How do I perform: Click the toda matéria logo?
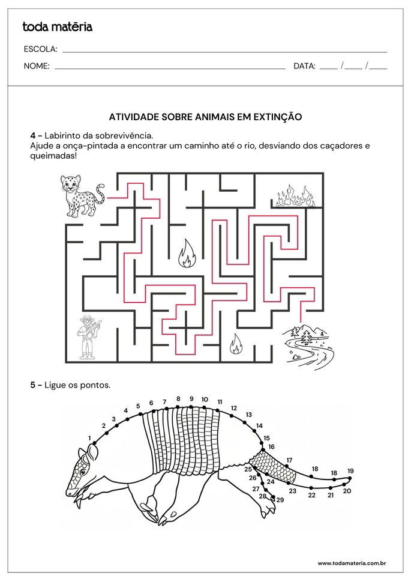(x=58, y=27)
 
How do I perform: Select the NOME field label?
(x=36, y=66)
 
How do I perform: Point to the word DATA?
(x=304, y=66)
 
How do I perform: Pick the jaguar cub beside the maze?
(x=82, y=196)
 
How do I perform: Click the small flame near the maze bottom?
(x=236, y=344)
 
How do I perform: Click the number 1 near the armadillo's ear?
(x=89, y=438)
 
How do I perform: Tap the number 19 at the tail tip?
(x=350, y=470)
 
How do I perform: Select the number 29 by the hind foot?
(x=280, y=500)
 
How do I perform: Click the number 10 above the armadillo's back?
(x=205, y=399)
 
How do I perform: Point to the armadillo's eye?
(x=82, y=472)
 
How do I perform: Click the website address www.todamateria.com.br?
(x=352, y=563)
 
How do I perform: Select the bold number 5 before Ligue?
(x=32, y=385)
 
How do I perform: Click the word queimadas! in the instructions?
(x=53, y=156)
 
